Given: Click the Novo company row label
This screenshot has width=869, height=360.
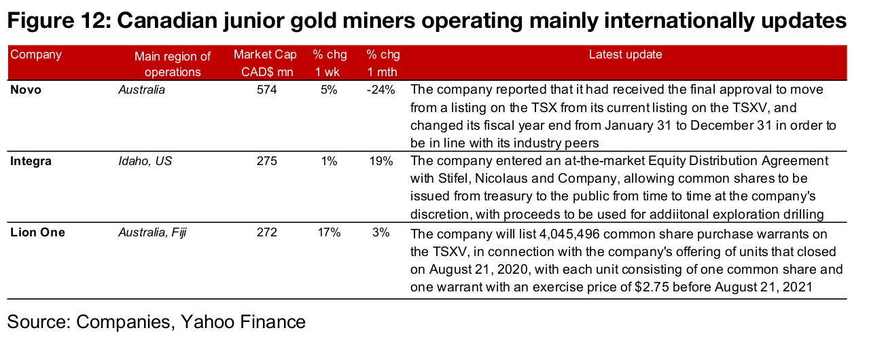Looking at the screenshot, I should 26,90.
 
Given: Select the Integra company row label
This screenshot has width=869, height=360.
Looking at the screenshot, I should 31,161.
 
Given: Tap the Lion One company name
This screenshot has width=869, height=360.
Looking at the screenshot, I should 38,232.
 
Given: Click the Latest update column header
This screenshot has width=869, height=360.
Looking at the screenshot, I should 625,55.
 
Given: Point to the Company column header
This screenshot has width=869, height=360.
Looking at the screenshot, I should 35,55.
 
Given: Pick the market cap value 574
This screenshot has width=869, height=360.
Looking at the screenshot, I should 266,90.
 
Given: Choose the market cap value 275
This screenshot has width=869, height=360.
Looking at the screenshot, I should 266,161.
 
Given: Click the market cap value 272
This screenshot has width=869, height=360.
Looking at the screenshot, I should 266,232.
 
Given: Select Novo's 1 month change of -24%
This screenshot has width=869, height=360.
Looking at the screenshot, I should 380,90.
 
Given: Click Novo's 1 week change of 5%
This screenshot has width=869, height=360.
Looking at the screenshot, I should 329,90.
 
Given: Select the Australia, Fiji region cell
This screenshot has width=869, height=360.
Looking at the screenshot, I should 153,232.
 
